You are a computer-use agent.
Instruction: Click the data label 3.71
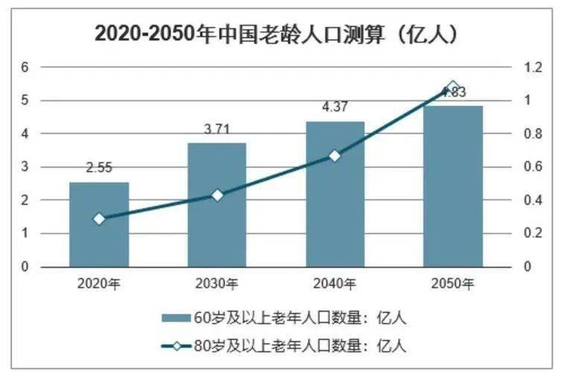click(x=217, y=130)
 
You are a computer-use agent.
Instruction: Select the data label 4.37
click(x=335, y=108)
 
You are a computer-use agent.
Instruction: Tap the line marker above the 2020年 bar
click(x=99, y=219)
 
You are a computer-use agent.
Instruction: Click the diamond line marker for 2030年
click(x=217, y=195)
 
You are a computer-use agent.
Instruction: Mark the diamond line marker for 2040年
click(x=335, y=155)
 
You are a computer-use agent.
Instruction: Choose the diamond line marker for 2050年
click(x=453, y=88)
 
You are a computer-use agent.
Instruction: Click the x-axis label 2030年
click(x=217, y=283)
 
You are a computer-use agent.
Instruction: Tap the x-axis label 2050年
click(x=453, y=283)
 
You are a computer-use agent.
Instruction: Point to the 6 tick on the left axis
click(x=25, y=67)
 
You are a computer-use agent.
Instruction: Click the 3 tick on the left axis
click(x=25, y=167)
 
